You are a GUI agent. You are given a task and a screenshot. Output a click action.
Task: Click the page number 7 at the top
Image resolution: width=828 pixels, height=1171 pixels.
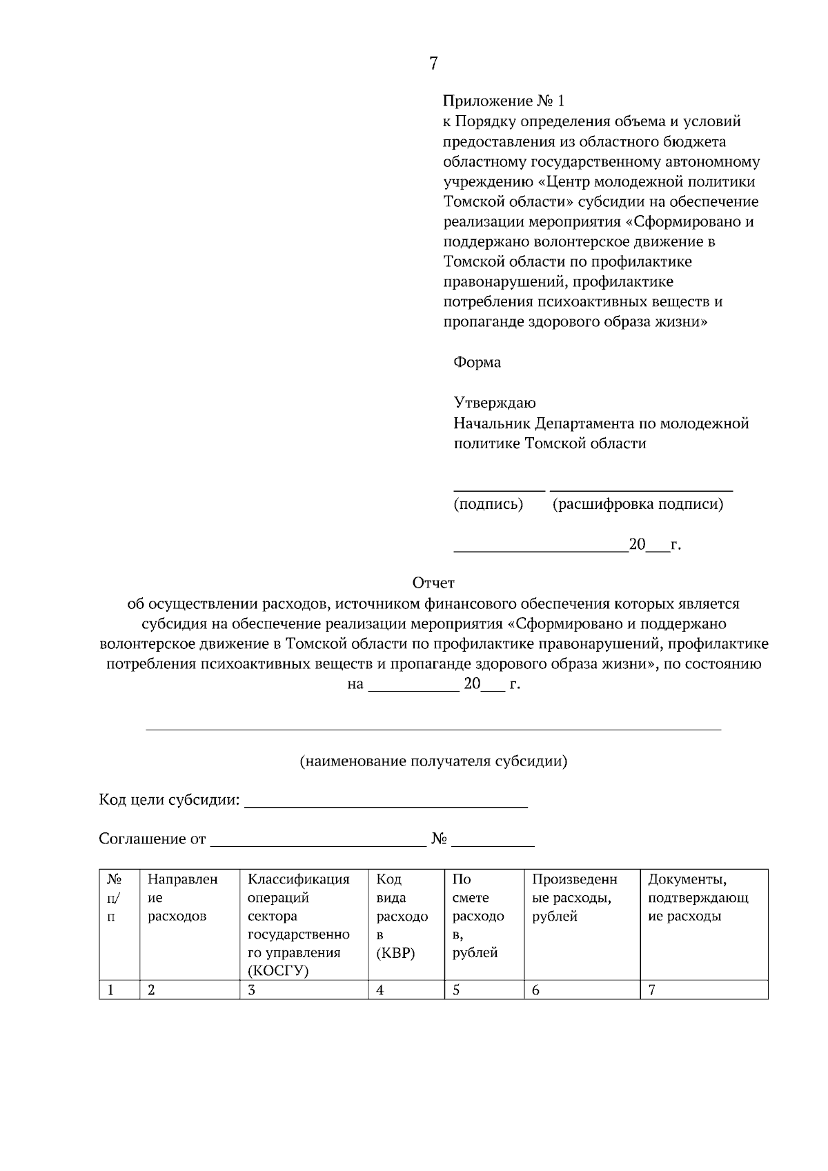[x=433, y=63]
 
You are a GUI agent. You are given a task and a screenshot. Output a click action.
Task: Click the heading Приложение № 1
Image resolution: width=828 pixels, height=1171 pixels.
[x=503, y=101]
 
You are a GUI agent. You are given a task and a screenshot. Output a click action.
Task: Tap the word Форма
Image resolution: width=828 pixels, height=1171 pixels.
[x=477, y=362]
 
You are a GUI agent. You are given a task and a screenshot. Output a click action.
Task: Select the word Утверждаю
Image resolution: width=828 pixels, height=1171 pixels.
[x=494, y=403]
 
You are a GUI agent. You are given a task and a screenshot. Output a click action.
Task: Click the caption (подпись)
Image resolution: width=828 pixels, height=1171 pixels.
[x=488, y=504]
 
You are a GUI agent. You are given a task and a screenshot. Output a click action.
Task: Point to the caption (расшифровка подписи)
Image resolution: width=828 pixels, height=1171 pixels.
[x=638, y=504]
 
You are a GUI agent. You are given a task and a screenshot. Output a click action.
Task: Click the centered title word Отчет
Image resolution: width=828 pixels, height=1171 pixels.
[x=433, y=583]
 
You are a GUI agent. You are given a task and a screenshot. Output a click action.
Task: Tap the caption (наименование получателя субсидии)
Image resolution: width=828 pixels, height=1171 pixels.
[x=433, y=761]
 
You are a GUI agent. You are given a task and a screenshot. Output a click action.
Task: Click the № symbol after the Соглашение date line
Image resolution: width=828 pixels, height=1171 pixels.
[x=440, y=839]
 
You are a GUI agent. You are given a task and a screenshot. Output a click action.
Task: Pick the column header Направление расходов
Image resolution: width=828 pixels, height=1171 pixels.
[x=182, y=898]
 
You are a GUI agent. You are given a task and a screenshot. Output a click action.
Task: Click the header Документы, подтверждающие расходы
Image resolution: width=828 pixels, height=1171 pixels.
[x=698, y=898]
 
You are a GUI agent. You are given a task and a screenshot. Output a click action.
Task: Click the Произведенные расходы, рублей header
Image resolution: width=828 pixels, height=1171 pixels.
[x=574, y=898]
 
